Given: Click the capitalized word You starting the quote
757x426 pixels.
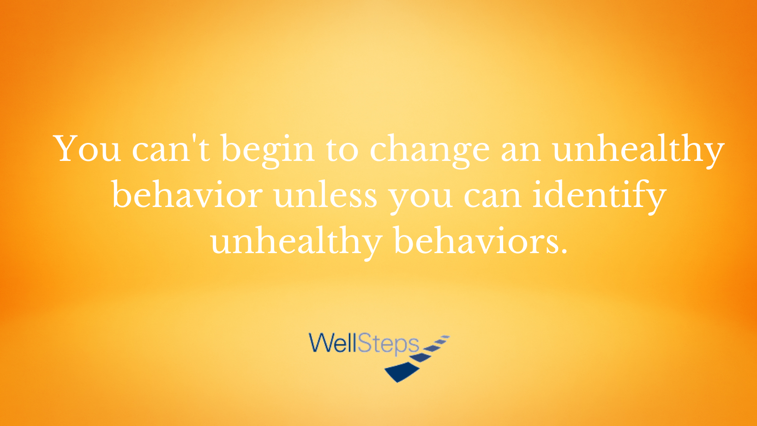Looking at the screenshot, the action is click(87, 148).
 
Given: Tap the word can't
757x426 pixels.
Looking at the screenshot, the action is click(171, 148).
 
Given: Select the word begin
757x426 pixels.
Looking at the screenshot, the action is click(268, 151).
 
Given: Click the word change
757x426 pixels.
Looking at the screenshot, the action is click(430, 151).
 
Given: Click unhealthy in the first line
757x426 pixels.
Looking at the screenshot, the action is click(638, 151).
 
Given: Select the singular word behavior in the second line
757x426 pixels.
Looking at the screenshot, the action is click(187, 194).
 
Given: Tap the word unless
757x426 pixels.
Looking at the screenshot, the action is click(325, 194).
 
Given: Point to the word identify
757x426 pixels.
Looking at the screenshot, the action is click(600, 197).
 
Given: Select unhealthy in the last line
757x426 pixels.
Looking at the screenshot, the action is click(296, 243).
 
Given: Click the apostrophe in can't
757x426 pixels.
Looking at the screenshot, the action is click(194, 138).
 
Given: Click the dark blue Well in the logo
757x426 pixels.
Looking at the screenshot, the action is click(333, 343).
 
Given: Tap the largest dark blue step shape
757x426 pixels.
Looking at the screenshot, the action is click(402, 372).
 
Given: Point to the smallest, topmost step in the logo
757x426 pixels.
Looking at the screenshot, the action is click(445, 337).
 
